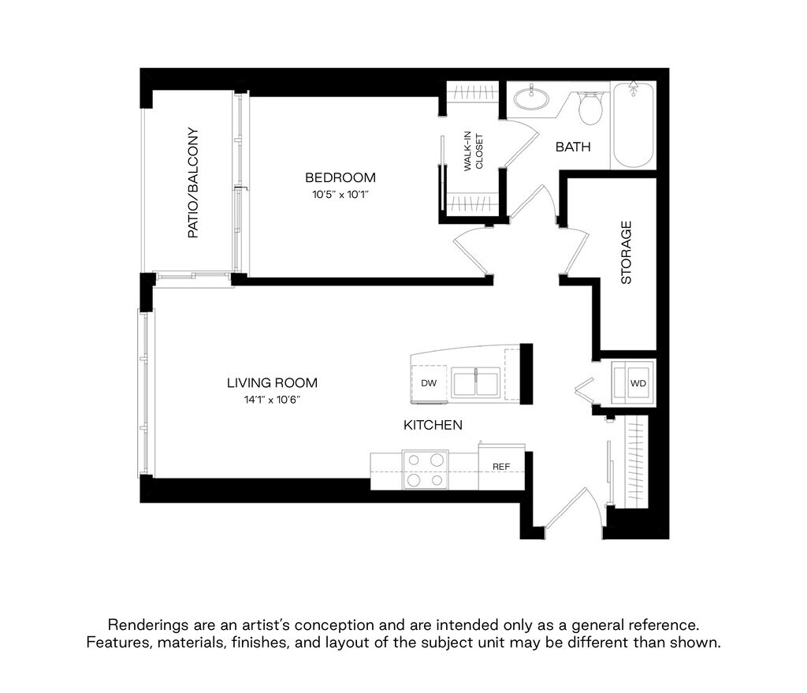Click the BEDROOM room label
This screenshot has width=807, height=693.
point(340,177)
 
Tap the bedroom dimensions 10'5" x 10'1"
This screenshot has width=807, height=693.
point(340,194)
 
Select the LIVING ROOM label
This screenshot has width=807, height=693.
point(272,383)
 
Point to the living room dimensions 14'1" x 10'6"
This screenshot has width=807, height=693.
point(272,401)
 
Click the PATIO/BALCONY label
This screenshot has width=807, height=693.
point(192,183)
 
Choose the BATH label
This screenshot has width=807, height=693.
point(573,147)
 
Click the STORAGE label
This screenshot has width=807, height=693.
point(627,252)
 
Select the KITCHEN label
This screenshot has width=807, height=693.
point(433,426)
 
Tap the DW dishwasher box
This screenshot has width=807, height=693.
point(429,383)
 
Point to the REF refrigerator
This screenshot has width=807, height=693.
point(502,466)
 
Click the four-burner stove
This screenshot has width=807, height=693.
point(425,469)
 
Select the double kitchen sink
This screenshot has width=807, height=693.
point(477,384)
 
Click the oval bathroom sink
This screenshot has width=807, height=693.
point(532,99)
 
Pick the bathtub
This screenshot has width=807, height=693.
point(634,125)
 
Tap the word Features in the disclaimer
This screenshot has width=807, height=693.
point(117,643)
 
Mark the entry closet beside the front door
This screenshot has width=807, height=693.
point(635,462)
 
